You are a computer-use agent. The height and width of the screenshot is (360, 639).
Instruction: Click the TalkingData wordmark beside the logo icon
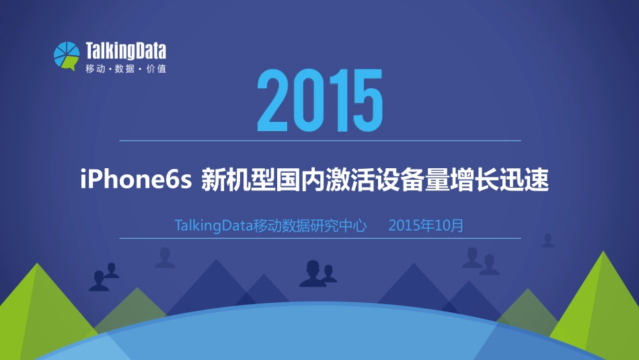(126, 51)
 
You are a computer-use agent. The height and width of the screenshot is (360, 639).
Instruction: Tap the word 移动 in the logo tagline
(95, 69)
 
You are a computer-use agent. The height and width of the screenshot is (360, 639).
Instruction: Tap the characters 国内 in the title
(299, 180)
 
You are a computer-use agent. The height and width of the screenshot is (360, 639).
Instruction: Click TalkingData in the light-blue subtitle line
(213, 225)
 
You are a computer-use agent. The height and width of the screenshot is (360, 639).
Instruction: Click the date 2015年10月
(426, 225)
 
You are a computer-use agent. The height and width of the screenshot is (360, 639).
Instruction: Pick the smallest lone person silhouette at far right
(548, 240)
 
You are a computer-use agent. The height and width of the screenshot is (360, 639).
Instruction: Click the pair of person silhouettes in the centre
(317, 273)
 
